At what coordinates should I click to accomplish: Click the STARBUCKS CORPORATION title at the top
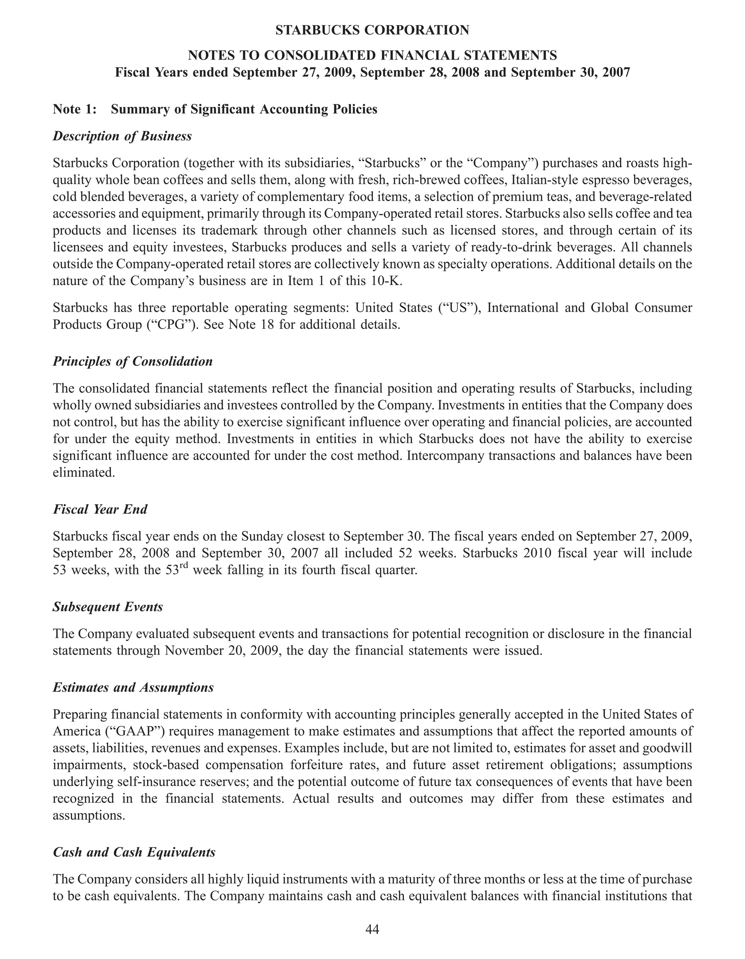(372, 30)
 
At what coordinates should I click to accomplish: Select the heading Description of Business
(122, 136)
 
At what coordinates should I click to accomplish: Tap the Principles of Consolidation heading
(133, 361)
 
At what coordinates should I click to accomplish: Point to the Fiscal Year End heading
(100, 509)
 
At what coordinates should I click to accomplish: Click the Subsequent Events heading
(108, 607)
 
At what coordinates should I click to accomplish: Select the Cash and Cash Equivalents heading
(134, 852)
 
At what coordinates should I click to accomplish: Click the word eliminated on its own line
(83, 473)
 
